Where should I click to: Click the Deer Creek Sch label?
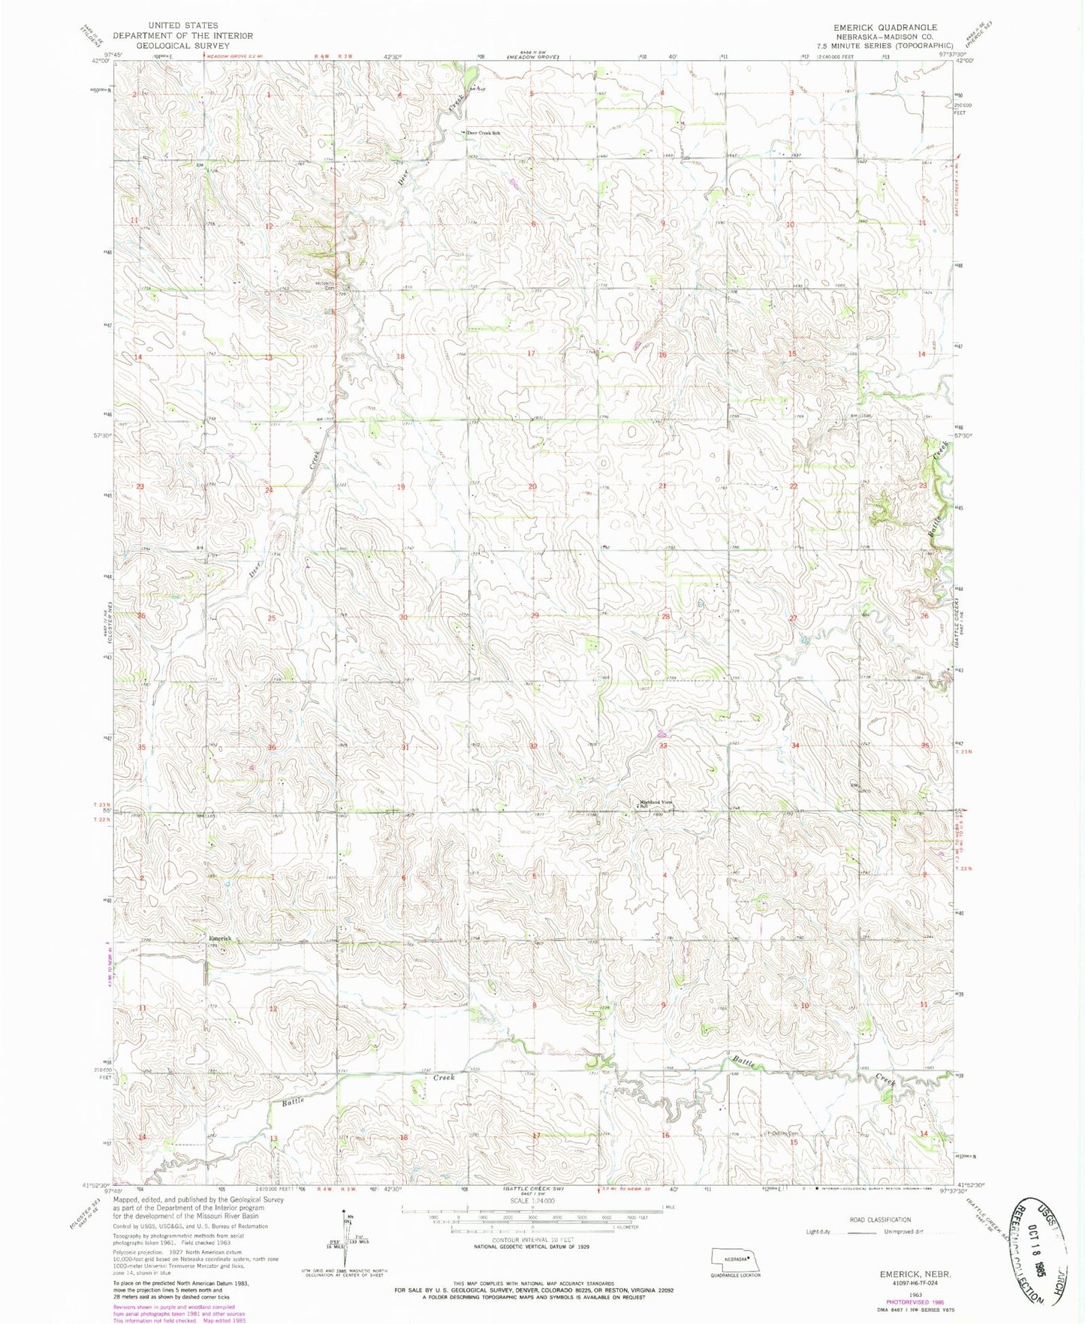pyautogui.click(x=484, y=133)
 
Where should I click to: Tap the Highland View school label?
pyautogui.click(x=650, y=803)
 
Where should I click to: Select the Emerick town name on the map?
pyautogui.click(x=220, y=939)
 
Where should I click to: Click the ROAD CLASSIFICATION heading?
pyautogui.click(x=880, y=1220)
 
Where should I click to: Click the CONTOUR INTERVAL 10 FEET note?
pyautogui.click(x=532, y=1240)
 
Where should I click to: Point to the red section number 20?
pyautogui.click(x=532, y=486)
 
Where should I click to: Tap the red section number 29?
pyautogui.click(x=535, y=616)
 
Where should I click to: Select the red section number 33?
pyautogui.click(x=663, y=746)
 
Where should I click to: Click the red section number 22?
pyautogui.click(x=793, y=486)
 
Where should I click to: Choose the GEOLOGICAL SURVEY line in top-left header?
pyautogui.click(x=182, y=45)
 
